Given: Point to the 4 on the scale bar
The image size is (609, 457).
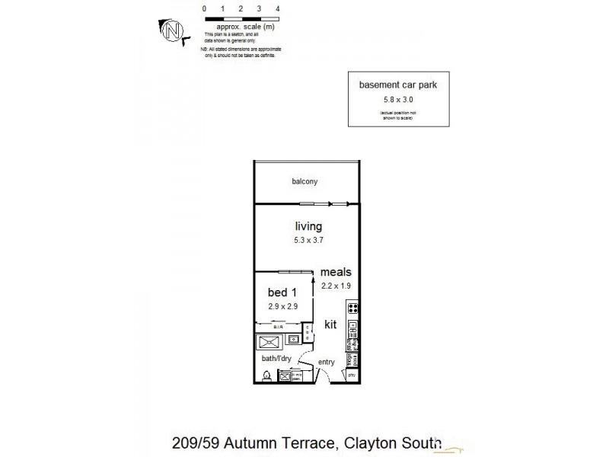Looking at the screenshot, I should (278, 8).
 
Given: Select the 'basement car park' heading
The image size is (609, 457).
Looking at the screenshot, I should (398, 85).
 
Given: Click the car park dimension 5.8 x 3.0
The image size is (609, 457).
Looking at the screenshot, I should (398, 98).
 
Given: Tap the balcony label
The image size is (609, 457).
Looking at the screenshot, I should (304, 182).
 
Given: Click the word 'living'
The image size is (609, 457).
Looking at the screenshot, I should (308, 226).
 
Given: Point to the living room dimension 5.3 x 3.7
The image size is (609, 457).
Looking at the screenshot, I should (308, 240).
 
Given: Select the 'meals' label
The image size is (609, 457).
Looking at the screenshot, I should (335, 272).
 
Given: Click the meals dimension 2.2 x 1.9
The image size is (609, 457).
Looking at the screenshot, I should (335, 286).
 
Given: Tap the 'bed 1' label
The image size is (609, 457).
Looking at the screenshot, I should (282, 292).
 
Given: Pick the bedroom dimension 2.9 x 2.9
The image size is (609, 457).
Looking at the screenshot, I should (282, 306).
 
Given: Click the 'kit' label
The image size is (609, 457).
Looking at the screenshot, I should (330, 324).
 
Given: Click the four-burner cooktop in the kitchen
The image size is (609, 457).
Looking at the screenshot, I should (353, 308).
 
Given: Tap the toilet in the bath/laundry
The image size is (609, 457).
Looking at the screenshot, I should (267, 375).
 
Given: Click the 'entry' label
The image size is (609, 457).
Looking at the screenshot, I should (327, 362).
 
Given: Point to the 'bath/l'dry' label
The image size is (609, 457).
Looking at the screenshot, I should (276, 358).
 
